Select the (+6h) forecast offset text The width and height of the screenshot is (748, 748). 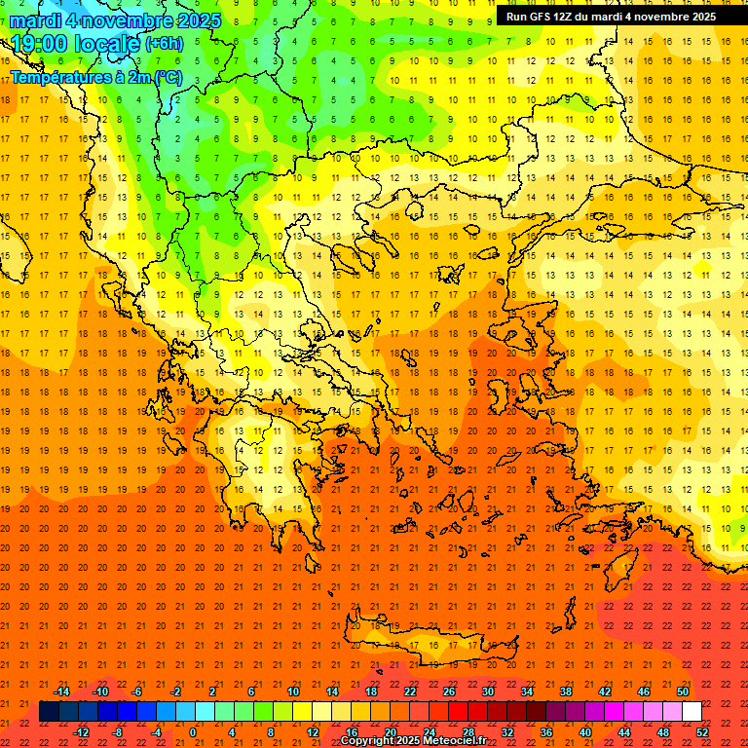(x=163, y=44)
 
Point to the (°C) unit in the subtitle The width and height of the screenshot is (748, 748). (x=164, y=76)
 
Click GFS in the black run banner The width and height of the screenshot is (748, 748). (x=540, y=17)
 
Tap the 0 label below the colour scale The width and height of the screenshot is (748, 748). (x=194, y=731)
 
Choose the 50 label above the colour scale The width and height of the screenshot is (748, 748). (x=682, y=692)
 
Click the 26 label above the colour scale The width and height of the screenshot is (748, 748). (x=449, y=692)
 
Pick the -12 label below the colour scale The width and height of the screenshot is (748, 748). (x=81, y=731)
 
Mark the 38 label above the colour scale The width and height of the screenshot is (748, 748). (x=566, y=692)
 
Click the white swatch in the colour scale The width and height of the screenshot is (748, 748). (x=692, y=712)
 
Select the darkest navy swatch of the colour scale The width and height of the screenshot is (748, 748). (x=49, y=712)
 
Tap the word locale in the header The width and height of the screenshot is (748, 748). (x=106, y=44)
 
